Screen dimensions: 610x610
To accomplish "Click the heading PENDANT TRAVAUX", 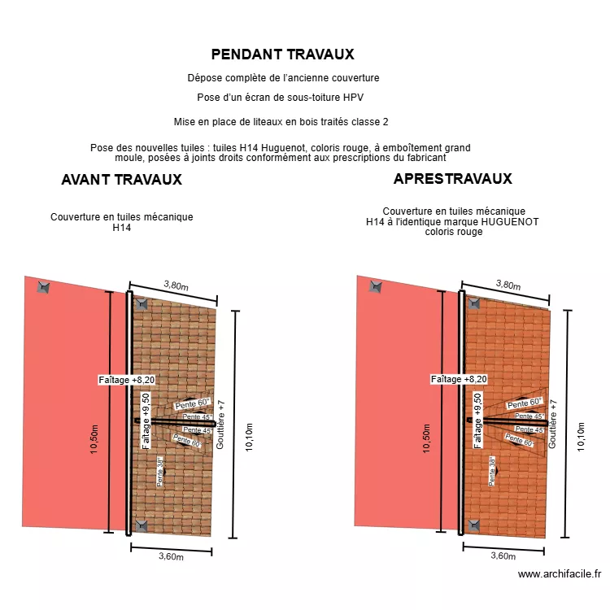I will (x=282, y=54).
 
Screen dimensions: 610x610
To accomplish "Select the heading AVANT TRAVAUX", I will (x=121, y=180).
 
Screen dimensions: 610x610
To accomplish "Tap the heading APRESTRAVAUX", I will (x=452, y=179).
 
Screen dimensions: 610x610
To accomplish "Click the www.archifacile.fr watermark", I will (x=560, y=574).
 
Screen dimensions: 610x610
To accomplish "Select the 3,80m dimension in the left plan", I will (x=176, y=285).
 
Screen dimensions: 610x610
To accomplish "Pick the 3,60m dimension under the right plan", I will (x=503, y=556).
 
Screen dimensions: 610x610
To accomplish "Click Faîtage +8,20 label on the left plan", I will (x=126, y=380).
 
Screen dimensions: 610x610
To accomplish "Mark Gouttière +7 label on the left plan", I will (x=220, y=424).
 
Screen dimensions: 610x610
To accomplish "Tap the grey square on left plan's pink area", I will (x=42, y=287).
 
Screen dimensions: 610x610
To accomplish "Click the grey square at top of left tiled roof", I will (x=141, y=303).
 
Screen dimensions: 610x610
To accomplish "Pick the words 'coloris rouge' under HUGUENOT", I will (x=453, y=232).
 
